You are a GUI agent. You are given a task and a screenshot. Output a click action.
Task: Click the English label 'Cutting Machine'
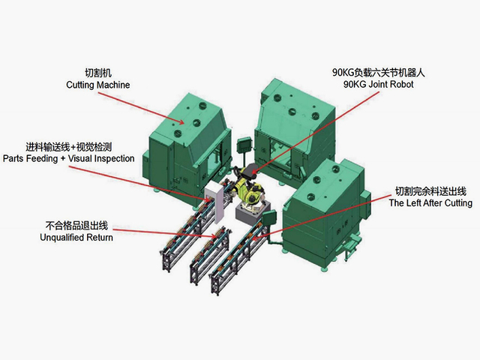click(x=98, y=85)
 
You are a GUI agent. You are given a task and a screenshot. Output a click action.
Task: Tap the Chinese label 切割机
click(x=98, y=73)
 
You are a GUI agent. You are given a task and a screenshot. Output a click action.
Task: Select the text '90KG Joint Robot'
click(x=378, y=84)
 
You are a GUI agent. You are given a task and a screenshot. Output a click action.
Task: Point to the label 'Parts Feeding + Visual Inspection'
click(x=69, y=158)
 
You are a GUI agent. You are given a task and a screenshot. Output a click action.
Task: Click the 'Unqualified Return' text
click(x=76, y=238)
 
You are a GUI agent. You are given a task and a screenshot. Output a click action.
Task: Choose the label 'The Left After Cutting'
click(x=430, y=203)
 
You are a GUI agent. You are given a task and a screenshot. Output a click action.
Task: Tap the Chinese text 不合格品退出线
click(x=76, y=226)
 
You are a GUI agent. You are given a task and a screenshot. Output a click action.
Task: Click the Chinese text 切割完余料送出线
click(x=430, y=191)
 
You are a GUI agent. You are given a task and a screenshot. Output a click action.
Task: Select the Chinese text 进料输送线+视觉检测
click(x=68, y=147)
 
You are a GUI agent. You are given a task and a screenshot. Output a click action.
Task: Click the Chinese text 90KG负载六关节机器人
click(x=379, y=73)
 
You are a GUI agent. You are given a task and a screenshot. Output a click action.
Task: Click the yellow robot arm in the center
click(x=248, y=187)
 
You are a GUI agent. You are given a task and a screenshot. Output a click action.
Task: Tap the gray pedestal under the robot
click(x=252, y=213)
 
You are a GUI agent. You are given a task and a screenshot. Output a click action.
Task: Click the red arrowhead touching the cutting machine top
click(x=181, y=122)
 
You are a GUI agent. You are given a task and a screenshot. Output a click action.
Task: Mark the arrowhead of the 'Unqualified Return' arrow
click(x=214, y=235)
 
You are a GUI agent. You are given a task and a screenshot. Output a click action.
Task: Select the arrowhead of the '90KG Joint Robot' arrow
click(x=253, y=172)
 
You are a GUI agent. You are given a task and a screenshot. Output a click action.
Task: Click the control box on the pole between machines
click(x=244, y=145)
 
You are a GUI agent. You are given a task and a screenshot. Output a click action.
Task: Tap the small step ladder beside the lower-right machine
click(x=350, y=246)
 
